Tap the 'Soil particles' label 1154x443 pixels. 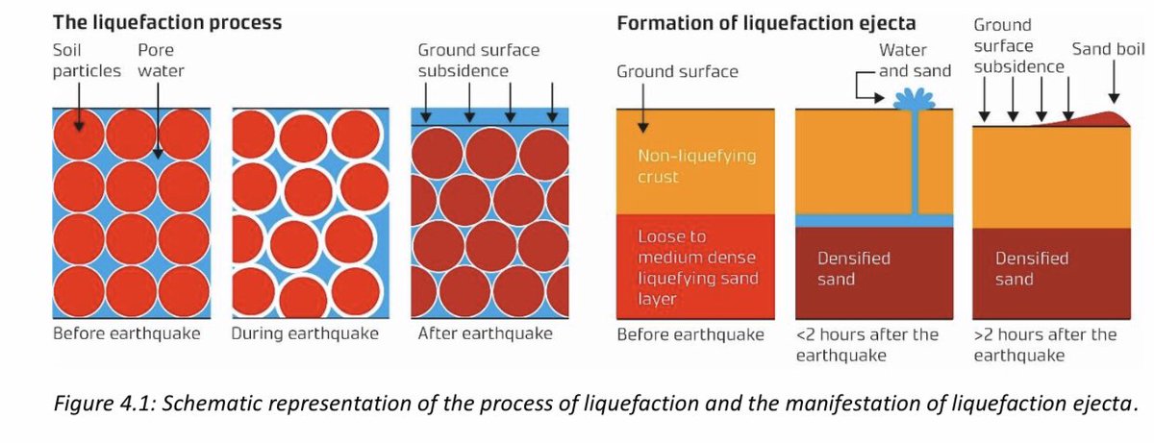87,60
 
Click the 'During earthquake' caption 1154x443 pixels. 305,334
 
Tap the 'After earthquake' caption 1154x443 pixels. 485,334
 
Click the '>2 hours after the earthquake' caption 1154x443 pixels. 1045,345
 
